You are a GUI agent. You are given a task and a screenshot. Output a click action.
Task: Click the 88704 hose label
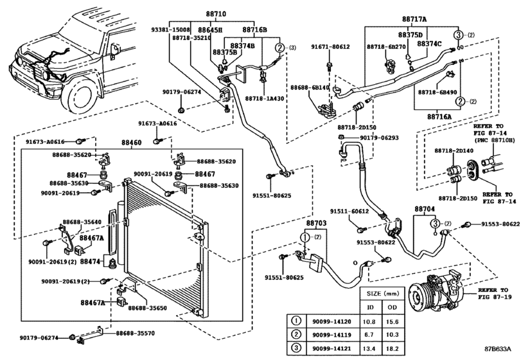pos(425,209)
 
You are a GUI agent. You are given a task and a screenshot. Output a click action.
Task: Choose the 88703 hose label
pos(315,222)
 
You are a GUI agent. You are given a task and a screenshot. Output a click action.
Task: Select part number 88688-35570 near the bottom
pos(136,333)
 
